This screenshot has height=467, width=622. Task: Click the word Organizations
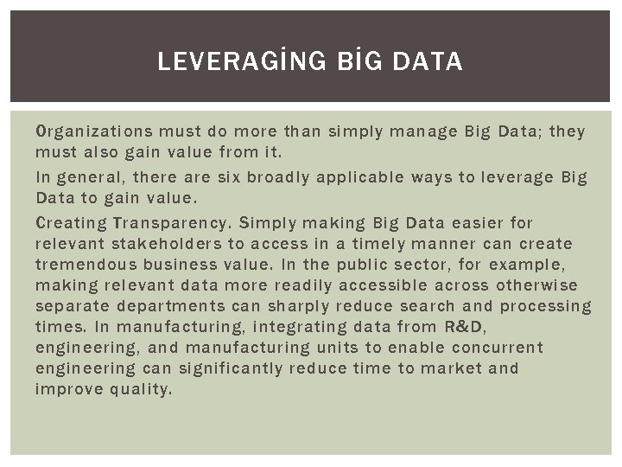(92, 131)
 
